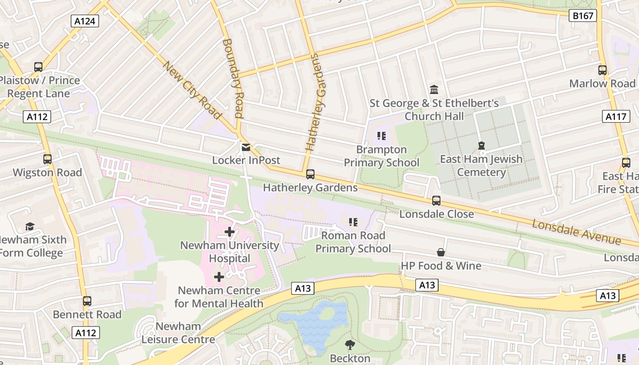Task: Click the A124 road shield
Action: [x=85, y=21]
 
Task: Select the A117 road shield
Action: [x=615, y=116]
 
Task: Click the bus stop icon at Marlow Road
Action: [x=602, y=70]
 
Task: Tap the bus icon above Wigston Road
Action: [x=47, y=159]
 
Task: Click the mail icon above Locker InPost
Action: [x=246, y=147]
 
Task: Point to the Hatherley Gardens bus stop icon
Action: [x=310, y=174]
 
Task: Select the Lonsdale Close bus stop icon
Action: [x=436, y=200]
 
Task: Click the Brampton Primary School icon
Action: [x=382, y=136]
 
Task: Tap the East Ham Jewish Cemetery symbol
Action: [x=481, y=146]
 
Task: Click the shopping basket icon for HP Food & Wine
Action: [x=441, y=252]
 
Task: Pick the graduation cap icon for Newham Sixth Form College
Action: [x=30, y=226]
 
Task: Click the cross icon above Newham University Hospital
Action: [x=229, y=232]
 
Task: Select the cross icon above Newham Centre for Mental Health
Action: [x=219, y=277]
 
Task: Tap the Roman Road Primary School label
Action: [x=353, y=242]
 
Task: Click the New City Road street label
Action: [x=192, y=90]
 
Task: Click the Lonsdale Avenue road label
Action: [x=576, y=232]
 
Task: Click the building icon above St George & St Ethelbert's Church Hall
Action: [x=434, y=90]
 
